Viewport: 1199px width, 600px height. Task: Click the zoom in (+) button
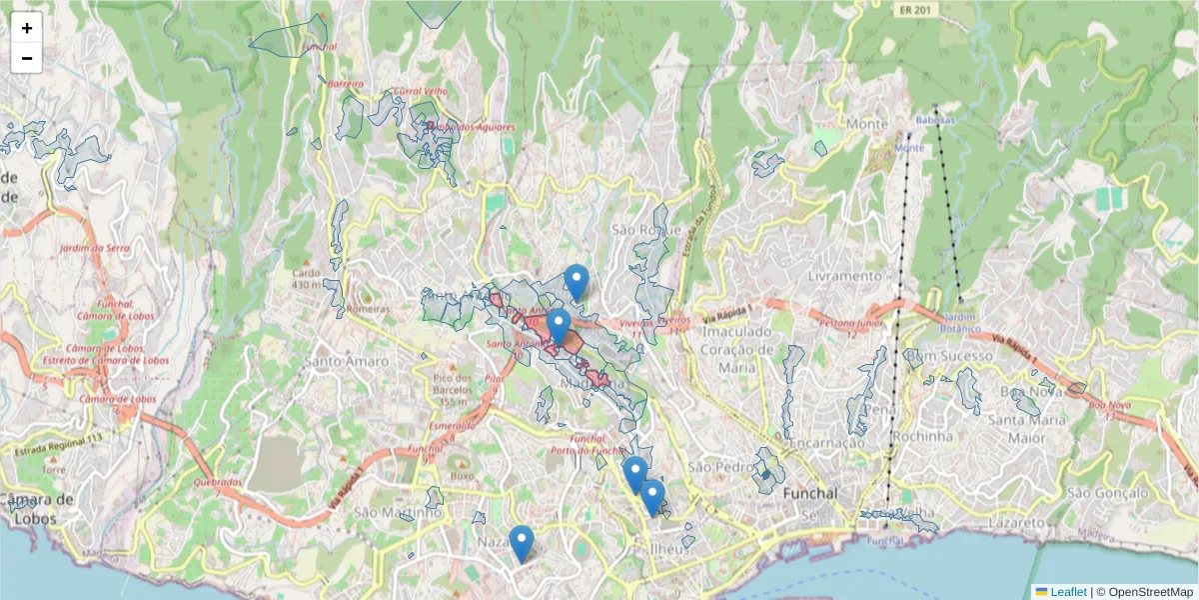[27, 28]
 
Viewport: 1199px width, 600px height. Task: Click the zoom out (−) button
[27, 58]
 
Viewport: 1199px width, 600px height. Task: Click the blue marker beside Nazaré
[521, 543]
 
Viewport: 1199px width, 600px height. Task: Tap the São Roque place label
[645, 230]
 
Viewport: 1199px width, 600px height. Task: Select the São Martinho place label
[398, 512]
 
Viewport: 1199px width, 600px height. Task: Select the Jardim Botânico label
[960, 323]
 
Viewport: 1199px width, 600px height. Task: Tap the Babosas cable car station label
[935, 120]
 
